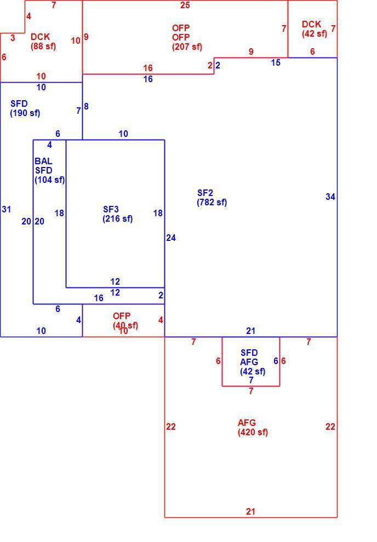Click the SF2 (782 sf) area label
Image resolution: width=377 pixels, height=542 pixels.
[212, 198]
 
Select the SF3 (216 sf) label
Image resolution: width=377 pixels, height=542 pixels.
[118, 214]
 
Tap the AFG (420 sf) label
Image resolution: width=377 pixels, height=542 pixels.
[253, 428]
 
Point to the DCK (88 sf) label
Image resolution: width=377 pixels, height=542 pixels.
[43, 42]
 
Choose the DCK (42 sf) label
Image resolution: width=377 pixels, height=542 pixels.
[314, 28]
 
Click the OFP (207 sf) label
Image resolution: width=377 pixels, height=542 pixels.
[187, 37]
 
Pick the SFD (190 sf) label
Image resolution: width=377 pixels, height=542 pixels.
[25, 108]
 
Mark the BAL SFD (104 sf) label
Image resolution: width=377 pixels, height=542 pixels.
[49, 170]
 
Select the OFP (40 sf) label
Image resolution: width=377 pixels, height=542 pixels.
[125, 321]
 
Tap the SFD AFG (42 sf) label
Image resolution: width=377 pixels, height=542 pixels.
[253, 362]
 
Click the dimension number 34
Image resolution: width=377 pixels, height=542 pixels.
[330, 197]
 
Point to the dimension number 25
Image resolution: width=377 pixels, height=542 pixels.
[185, 5]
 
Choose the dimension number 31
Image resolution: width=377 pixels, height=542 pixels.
[6, 209]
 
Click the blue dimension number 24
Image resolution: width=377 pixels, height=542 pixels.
[171, 238]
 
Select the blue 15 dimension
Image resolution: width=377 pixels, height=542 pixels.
[276, 62]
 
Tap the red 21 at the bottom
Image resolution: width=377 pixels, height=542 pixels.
[251, 511]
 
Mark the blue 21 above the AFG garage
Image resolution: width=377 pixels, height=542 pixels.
[251, 331]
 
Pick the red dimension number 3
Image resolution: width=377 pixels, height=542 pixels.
[13, 38]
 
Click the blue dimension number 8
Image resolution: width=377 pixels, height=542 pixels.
[86, 106]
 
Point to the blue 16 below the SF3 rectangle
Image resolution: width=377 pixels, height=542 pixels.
[99, 298]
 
